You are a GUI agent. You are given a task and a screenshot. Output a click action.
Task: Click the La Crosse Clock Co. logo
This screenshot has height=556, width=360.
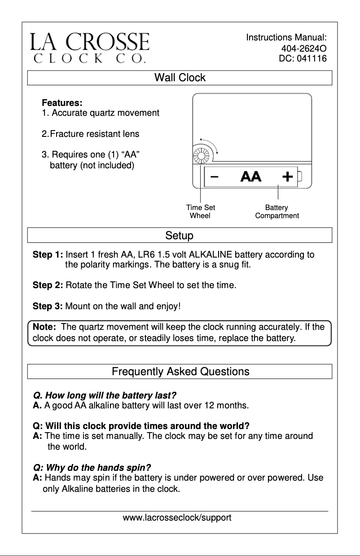(90, 47)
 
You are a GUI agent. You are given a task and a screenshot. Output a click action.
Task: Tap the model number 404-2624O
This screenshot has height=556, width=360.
(303, 48)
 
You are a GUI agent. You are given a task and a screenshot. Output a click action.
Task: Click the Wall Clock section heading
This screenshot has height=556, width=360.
(180, 78)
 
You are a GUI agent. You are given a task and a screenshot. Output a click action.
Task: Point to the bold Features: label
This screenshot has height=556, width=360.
(62, 103)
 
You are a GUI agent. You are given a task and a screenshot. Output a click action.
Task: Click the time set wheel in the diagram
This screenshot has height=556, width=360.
(199, 157)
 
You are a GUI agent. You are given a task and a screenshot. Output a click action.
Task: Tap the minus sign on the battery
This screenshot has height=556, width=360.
(215, 176)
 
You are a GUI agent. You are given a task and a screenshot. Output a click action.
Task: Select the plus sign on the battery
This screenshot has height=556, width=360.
(287, 176)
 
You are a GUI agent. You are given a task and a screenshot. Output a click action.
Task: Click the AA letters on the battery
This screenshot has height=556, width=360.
(250, 176)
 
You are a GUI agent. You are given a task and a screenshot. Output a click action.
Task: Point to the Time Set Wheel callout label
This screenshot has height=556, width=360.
(200, 211)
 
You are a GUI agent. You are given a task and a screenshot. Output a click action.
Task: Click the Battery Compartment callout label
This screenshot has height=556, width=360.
(277, 211)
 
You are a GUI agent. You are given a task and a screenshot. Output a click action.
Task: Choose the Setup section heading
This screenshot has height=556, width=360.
(180, 235)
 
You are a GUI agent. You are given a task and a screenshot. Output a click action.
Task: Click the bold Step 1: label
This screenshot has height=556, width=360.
(48, 255)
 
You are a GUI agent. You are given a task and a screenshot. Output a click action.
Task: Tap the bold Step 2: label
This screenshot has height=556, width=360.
(48, 285)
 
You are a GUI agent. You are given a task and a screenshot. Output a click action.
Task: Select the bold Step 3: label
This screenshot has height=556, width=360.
(48, 307)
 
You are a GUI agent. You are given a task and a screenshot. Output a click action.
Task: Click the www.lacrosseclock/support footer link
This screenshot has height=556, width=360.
(177, 518)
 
